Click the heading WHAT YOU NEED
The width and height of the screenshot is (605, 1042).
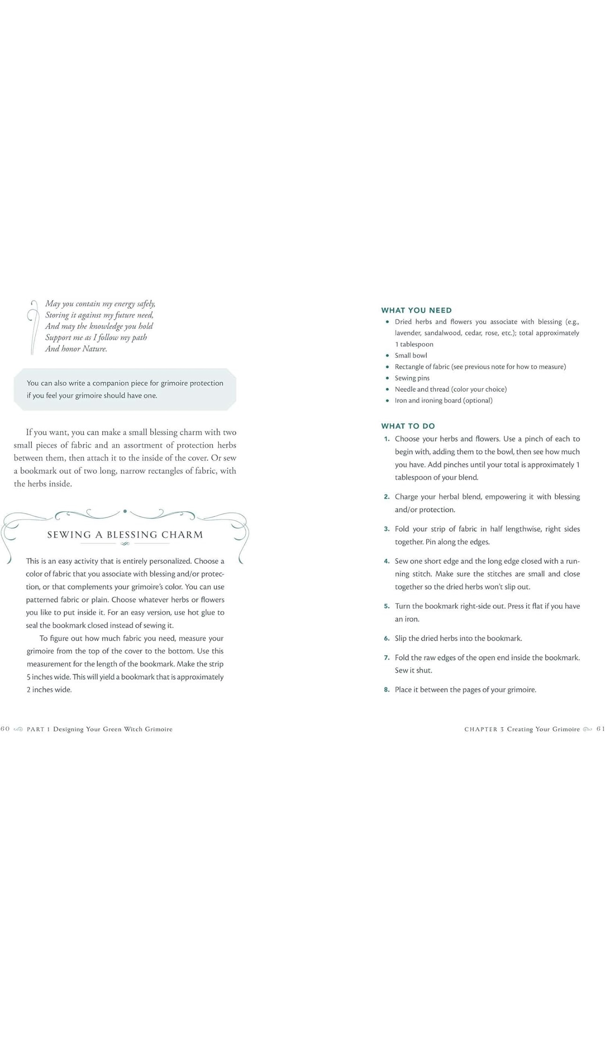click(x=416, y=310)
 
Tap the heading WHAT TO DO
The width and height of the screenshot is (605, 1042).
click(x=408, y=426)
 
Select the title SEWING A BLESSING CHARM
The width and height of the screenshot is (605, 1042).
click(x=125, y=535)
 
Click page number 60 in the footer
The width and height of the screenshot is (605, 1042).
click(x=5, y=729)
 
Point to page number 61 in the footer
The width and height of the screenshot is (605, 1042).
click(x=600, y=729)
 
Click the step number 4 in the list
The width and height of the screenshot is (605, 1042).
click(x=386, y=561)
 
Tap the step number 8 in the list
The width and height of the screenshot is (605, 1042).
click(x=386, y=690)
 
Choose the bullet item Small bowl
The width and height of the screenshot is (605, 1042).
click(x=411, y=356)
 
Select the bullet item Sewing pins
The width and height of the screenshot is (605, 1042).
click(x=412, y=378)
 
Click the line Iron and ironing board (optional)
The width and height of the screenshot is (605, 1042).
click(x=443, y=401)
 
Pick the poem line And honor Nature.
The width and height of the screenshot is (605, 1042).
click(x=76, y=349)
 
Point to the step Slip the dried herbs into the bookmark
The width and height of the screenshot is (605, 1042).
click(x=458, y=639)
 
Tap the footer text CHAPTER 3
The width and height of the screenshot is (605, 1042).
click(x=484, y=729)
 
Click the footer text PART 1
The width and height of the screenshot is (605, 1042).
click(x=38, y=729)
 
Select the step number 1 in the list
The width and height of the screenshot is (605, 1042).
click(x=386, y=439)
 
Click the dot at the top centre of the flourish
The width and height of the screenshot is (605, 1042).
click(x=125, y=511)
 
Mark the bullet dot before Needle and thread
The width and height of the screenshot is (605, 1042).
click(x=387, y=389)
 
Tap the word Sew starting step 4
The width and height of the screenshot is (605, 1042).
click(x=401, y=561)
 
